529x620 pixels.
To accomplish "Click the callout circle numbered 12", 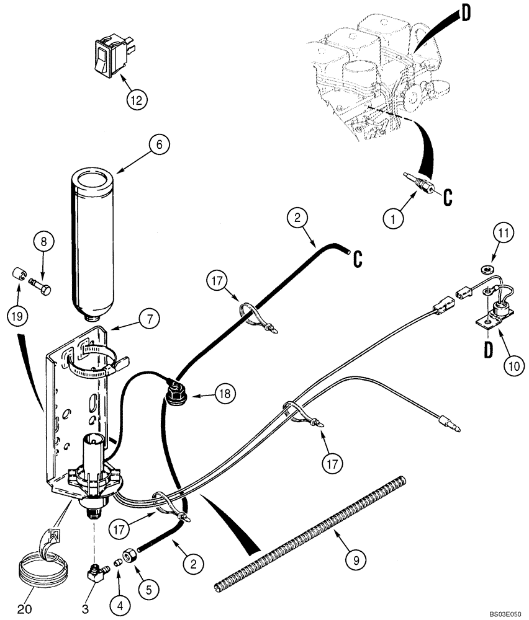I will point(138,98).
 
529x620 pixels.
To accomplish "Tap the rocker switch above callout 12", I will point(109,58).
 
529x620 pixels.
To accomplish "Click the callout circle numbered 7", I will point(148,319).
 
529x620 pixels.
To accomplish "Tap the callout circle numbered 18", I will point(224,392).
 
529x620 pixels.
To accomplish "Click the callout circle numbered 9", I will point(355,561).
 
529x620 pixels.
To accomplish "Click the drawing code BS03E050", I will point(504,613).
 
